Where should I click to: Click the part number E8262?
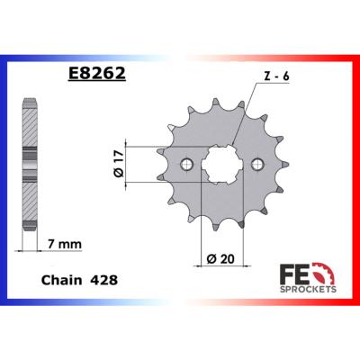tap(96, 73)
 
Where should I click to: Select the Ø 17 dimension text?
tap(119, 164)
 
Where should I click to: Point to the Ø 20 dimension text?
tap(220, 258)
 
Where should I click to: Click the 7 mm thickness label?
tap(65, 244)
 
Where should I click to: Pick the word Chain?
tap(61, 280)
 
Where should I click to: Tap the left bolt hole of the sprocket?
tap(187, 164)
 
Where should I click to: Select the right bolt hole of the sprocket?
tap(257, 164)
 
